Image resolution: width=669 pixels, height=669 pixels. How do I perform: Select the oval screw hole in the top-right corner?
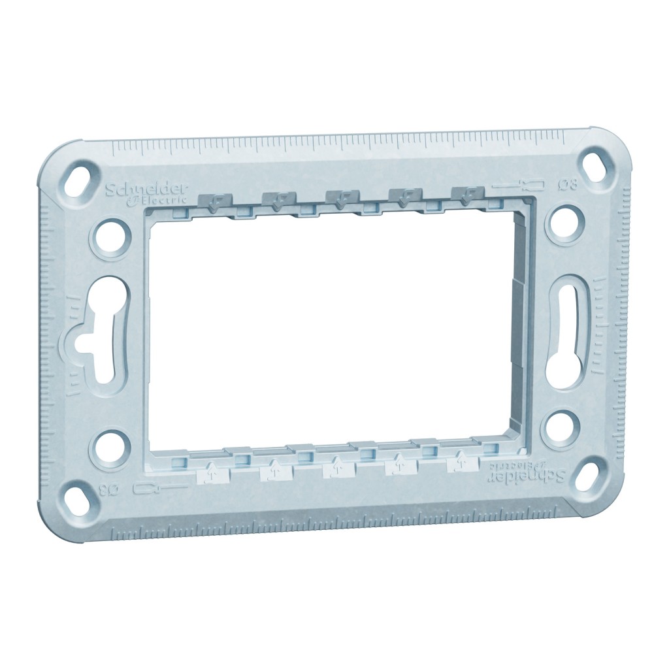595,165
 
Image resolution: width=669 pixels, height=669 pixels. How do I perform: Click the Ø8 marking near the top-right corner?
569,184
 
